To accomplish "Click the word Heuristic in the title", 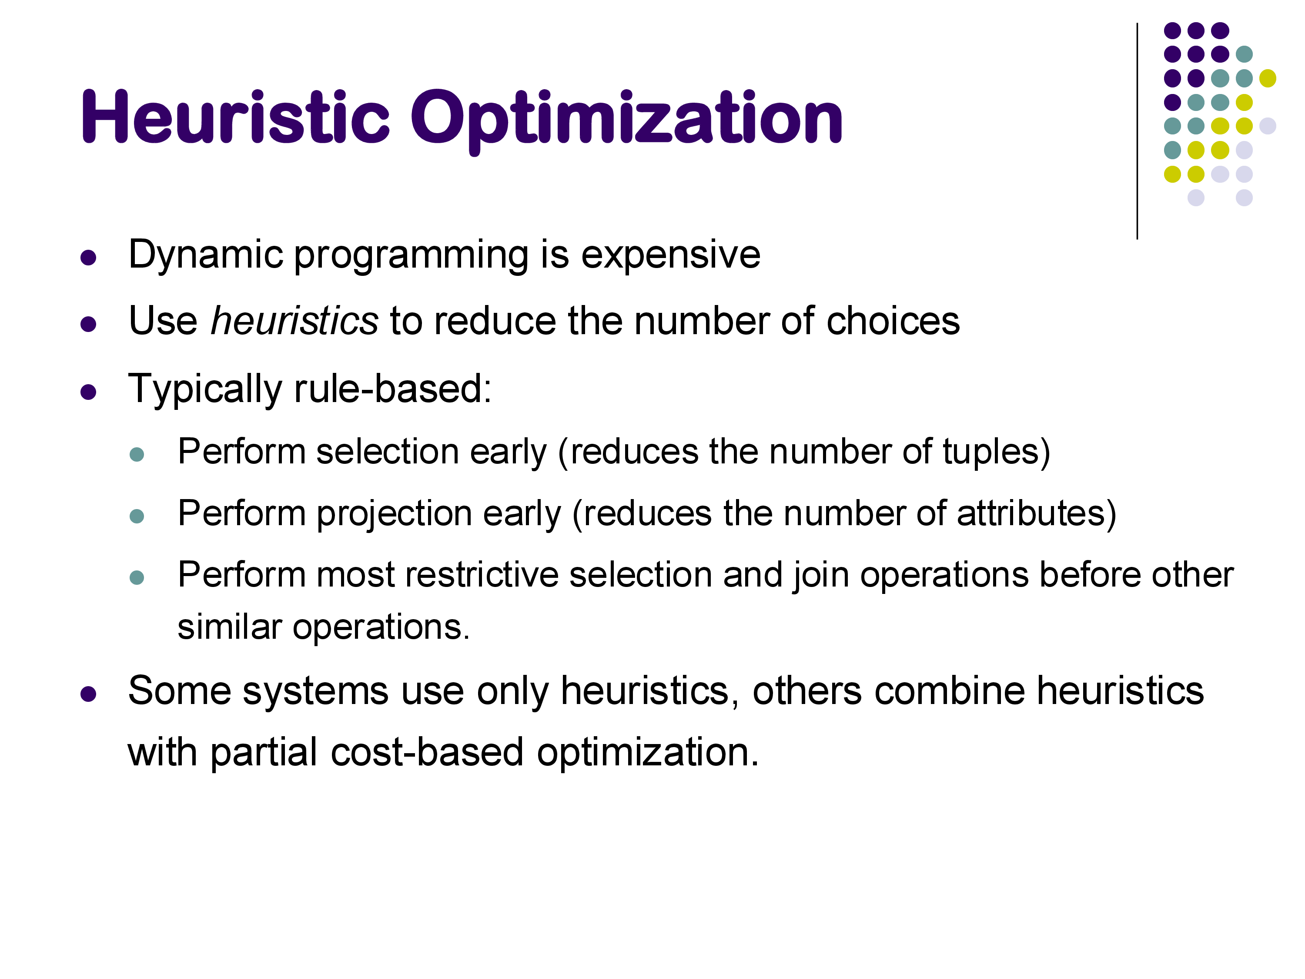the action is tap(235, 116).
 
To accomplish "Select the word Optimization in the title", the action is tap(626, 121).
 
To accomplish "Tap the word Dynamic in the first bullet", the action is tap(206, 255).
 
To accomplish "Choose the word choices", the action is tap(893, 321).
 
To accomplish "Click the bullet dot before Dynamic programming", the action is tap(88, 258).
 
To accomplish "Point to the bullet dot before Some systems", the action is tap(88, 694).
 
